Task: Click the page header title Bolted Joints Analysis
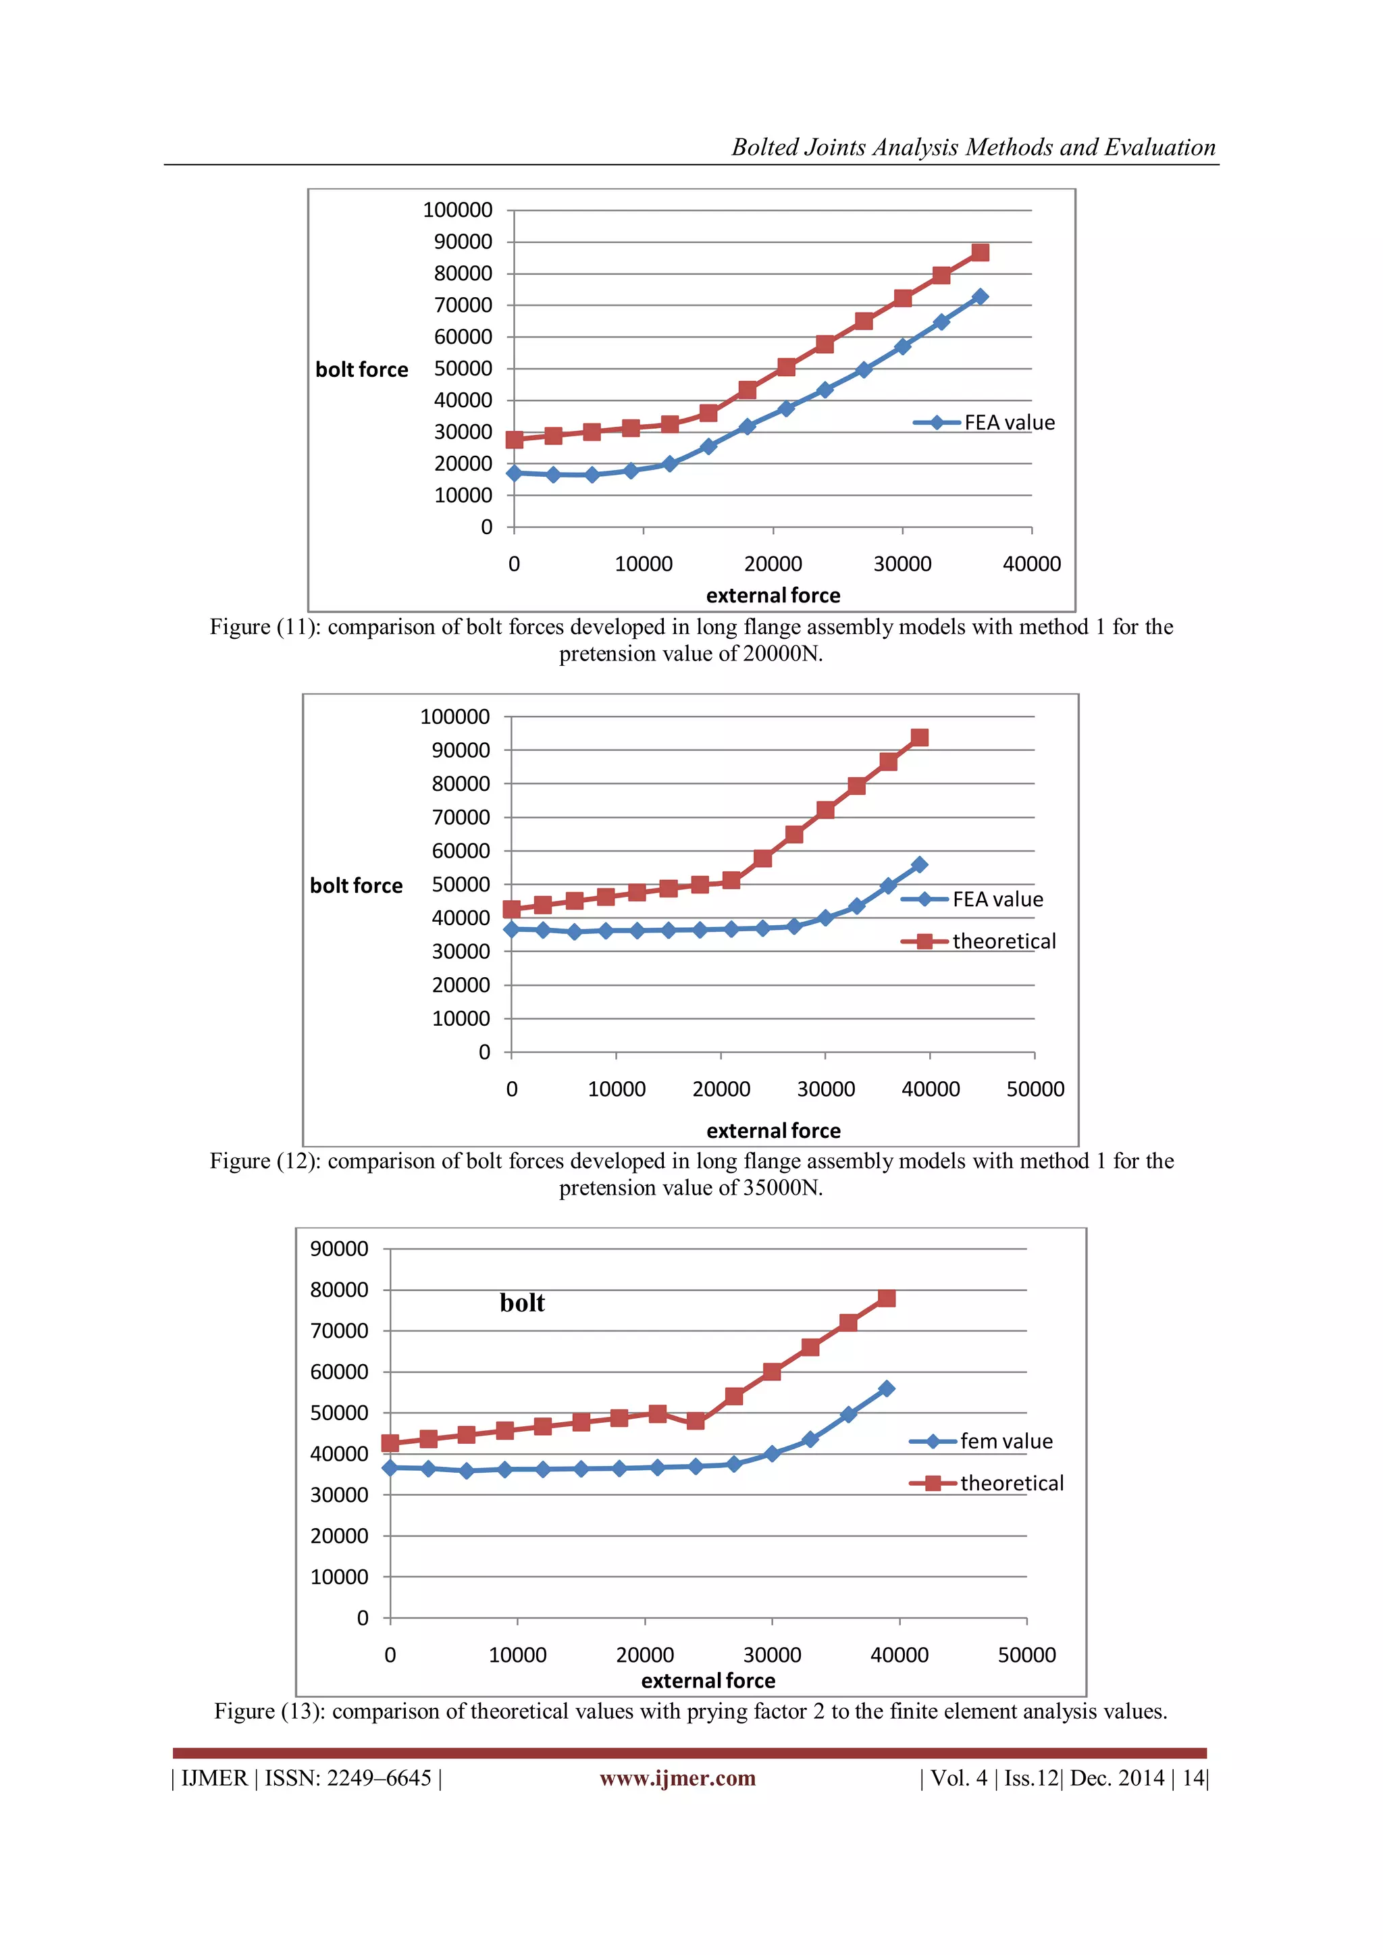coord(972,147)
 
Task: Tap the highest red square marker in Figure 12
coord(919,737)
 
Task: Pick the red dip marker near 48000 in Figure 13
coord(696,1420)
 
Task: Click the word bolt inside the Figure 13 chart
coord(522,1303)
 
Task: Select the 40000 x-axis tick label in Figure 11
coord(1031,564)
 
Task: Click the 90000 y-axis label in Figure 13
coord(339,1249)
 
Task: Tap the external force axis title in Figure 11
coord(773,595)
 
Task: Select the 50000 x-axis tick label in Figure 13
coord(1026,1654)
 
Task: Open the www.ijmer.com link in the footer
coord(677,1778)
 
